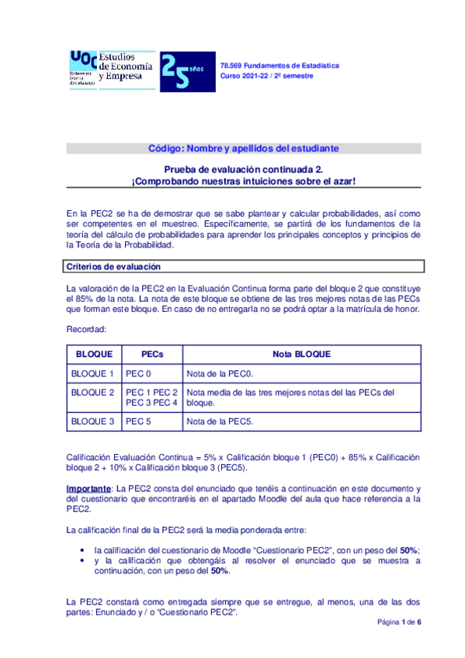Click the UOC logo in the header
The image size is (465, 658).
pyautogui.click(x=83, y=68)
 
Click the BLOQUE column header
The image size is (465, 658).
pyautogui.click(x=92, y=354)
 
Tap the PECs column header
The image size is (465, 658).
pyautogui.click(x=151, y=354)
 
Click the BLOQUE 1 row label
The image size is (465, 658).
pyautogui.click(x=92, y=373)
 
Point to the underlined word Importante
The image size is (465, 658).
pyautogui.click(x=88, y=487)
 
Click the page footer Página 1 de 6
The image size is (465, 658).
pyautogui.click(x=399, y=622)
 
